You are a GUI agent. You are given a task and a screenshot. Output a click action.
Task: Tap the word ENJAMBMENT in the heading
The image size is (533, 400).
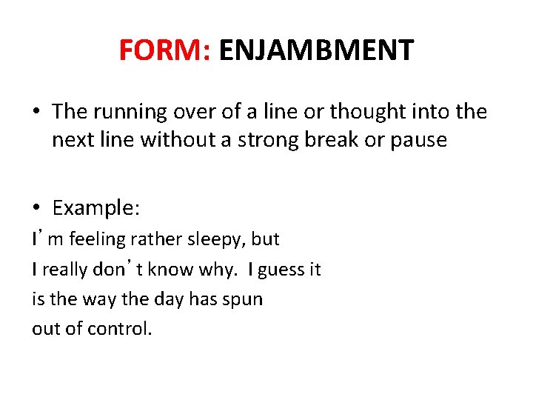pyautogui.click(x=316, y=50)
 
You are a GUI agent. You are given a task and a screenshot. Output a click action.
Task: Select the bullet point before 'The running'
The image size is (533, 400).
pyautogui.click(x=36, y=112)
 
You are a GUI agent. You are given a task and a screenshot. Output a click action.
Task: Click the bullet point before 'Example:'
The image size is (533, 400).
pyautogui.click(x=36, y=208)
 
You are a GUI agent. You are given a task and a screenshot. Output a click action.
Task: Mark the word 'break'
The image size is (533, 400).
pyautogui.click(x=325, y=140)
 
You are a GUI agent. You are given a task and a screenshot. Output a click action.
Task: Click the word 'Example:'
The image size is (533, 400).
pyautogui.click(x=96, y=208)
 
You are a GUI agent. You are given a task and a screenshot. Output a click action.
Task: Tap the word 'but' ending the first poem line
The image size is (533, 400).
pyautogui.click(x=265, y=239)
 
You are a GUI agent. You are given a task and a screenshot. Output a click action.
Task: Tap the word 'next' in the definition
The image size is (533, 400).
pyautogui.click(x=70, y=140)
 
